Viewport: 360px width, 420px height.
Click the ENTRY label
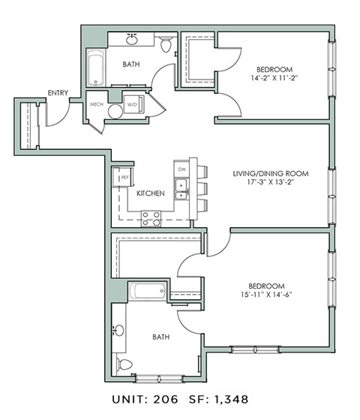(58, 93)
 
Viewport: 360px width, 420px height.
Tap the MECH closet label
(96, 104)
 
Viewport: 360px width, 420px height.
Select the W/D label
(131, 104)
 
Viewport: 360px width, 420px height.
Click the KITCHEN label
(151, 193)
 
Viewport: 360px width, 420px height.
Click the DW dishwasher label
(181, 169)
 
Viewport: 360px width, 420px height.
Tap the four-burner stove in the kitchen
(151, 218)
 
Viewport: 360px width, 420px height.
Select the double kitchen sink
(181, 190)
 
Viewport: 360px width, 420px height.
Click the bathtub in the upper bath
(94, 69)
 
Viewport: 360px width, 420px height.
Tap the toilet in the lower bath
(124, 364)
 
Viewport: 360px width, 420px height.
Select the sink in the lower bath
(120, 331)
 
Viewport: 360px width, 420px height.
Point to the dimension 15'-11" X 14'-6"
(266, 295)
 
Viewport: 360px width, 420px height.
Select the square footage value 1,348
(228, 399)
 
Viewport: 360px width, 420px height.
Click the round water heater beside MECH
(115, 112)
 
